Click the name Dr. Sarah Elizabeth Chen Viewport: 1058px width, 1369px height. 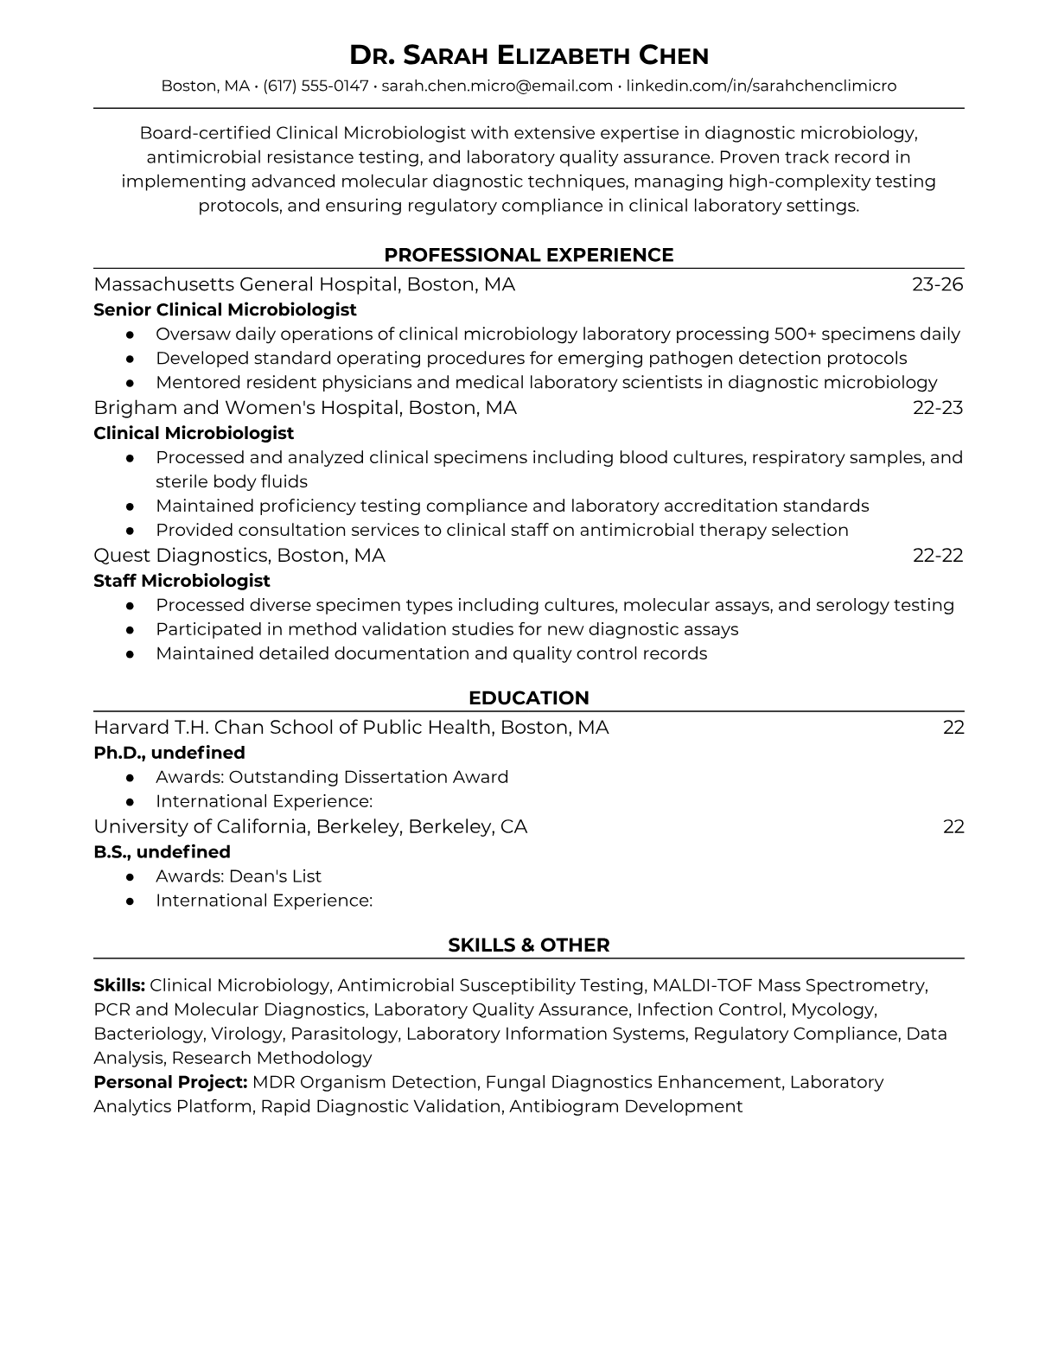click(528, 55)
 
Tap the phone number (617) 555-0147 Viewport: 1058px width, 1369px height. click(315, 86)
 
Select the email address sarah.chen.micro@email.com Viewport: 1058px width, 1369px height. click(497, 86)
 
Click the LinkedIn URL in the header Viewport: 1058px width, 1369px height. click(761, 86)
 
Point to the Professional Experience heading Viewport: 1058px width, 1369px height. click(528, 255)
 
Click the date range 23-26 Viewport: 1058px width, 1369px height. click(937, 284)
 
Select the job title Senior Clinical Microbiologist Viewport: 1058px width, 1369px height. click(225, 309)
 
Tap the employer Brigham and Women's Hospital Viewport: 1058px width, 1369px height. click(246, 407)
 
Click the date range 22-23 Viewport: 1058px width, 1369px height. click(938, 407)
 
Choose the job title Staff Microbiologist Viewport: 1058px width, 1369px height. click(182, 581)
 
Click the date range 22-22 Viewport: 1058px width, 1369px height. click(938, 555)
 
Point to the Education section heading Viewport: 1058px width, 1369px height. click(528, 697)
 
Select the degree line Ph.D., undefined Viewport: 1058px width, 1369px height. click(169, 753)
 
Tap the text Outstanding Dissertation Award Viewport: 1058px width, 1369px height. click(368, 777)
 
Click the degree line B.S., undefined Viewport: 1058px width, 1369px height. click(162, 852)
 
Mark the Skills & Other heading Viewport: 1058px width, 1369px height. click(528, 945)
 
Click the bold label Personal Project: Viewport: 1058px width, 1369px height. click(170, 1082)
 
